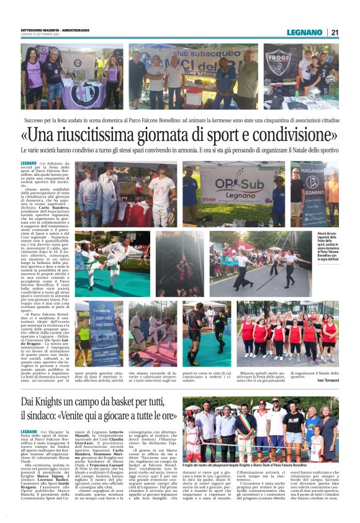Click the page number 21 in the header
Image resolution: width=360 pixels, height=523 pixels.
[x=335, y=32]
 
